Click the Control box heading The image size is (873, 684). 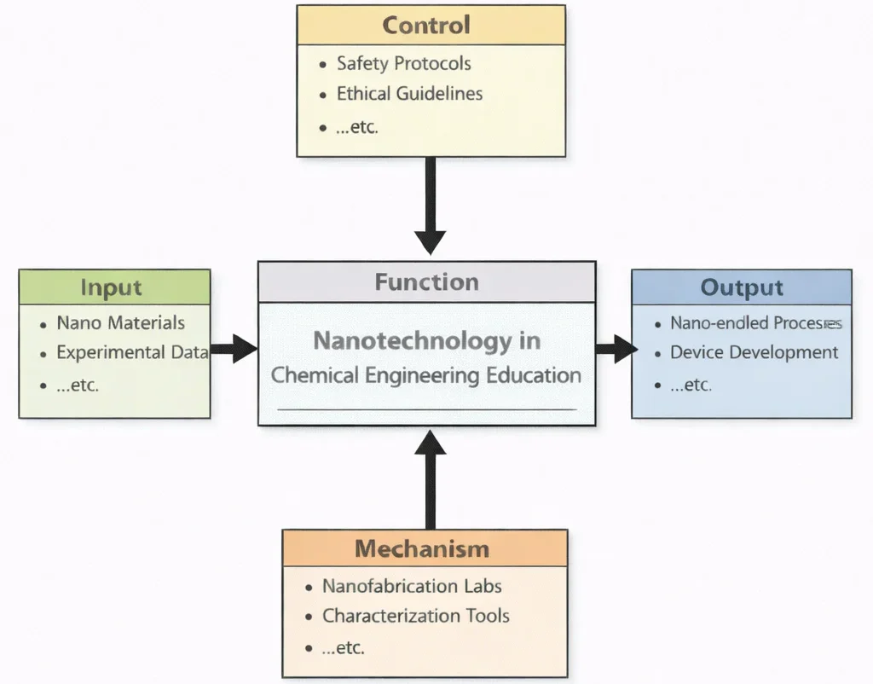click(x=426, y=25)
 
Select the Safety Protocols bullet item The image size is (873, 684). click(x=403, y=63)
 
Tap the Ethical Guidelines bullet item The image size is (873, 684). click(x=409, y=93)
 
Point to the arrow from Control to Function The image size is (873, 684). click(x=431, y=205)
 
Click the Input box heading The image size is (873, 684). click(x=111, y=287)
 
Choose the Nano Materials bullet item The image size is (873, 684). click(x=120, y=322)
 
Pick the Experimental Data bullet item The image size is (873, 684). click(x=132, y=352)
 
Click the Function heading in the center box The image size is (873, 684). click(x=426, y=282)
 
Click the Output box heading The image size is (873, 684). click(x=741, y=287)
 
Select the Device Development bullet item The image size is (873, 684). click(x=754, y=352)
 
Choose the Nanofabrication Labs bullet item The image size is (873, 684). click(x=412, y=586)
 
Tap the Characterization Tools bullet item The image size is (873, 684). click(x=415, y=616)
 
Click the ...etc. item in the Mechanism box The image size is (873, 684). click(x=344, y=647)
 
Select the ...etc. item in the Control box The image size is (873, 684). click(x=357, y=127)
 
